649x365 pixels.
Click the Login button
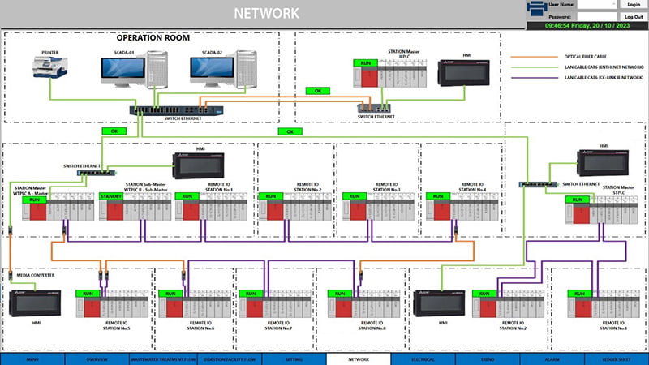(x=634, y=5)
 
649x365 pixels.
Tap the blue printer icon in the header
(x=536, y=10)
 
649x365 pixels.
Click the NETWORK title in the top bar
(x=266, y=13)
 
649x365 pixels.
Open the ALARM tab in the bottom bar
(x=552, y=359)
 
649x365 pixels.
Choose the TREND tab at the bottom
(x=487, y=359)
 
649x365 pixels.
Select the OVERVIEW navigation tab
(x=97, y=359)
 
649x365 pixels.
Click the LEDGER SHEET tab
(x=617, y=359)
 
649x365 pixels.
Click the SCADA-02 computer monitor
(x=213, y=72)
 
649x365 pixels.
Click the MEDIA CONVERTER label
(x=36, y=276)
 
